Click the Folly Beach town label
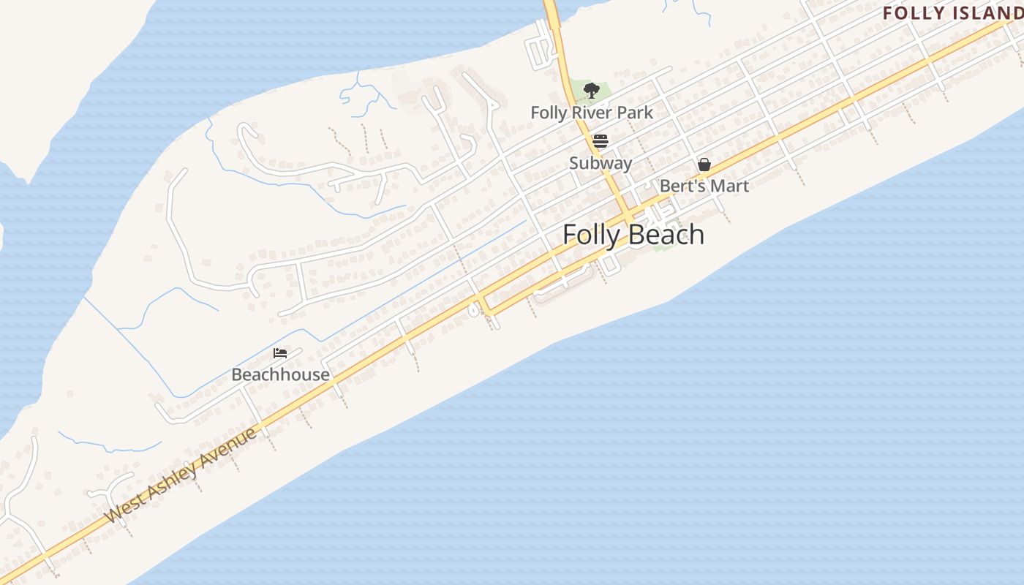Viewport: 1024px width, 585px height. point(633,235)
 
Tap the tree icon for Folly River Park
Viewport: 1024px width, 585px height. point(591,91)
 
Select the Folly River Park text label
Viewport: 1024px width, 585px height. point(592,113)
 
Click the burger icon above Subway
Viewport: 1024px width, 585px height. point(601,141)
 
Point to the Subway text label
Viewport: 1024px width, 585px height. point(601,162)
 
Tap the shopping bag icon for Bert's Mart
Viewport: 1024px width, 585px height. point(704,165)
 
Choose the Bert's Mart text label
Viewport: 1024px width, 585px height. point(704,186)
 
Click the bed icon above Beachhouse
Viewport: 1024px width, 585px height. point(279,353)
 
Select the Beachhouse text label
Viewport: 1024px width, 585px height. point(280,374)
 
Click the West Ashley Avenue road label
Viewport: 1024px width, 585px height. point(181,475)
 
